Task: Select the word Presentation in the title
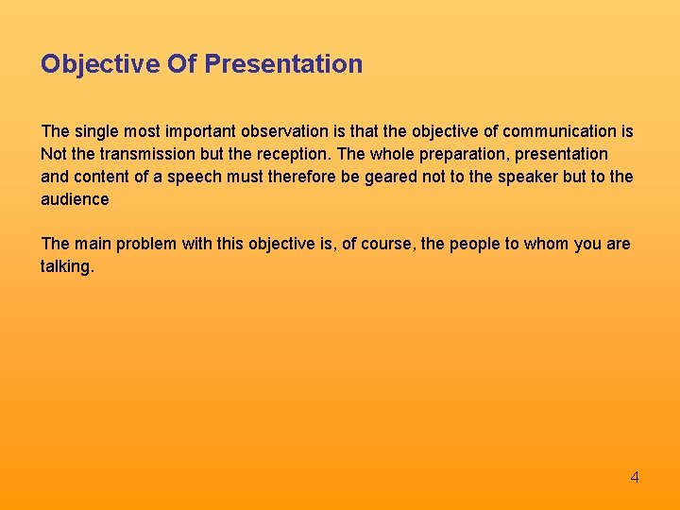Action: pos(282,64)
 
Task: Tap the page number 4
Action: pos(635,477)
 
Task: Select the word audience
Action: pos(75,199)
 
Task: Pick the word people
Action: pos(480,244)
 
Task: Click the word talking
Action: pos(66,267)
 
